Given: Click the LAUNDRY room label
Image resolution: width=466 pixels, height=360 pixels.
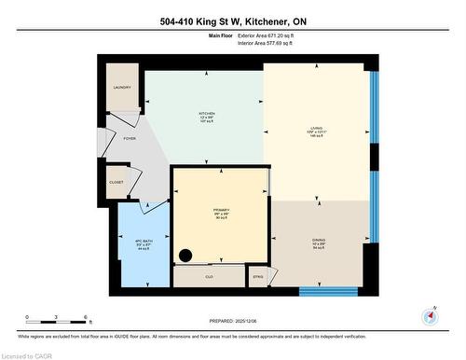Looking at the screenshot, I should tap(122, 88).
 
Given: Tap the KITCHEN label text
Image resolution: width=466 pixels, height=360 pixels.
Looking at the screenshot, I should tap(206, 114).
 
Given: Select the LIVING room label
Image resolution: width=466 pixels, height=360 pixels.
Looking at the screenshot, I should tap(316, 131).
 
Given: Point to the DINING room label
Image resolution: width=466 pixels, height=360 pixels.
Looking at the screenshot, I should tap(319, 240).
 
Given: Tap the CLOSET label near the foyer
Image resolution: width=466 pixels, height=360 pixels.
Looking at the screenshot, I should tap(116, 183).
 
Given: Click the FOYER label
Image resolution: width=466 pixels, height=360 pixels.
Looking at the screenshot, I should tap(130, 139).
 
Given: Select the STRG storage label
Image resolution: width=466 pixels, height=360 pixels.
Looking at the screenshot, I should tap(258, 277).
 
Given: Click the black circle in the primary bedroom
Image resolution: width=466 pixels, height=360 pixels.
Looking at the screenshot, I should tap(185, 255).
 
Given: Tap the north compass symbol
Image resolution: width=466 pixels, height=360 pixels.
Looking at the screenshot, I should tap(430, 315).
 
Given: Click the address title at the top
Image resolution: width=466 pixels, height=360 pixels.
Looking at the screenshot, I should tap(232, 21).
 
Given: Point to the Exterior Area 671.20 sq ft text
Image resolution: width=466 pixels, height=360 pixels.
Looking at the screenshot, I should tap(271, 36).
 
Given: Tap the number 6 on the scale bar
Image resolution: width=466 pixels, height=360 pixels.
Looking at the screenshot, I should tap(87, 318).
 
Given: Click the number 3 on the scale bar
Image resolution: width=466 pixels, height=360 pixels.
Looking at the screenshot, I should tap(57, 318).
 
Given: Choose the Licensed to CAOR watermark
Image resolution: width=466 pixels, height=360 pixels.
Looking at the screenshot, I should tap(28, 354).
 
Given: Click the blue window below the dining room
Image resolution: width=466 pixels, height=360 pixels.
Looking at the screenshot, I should tap(328, 291).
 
